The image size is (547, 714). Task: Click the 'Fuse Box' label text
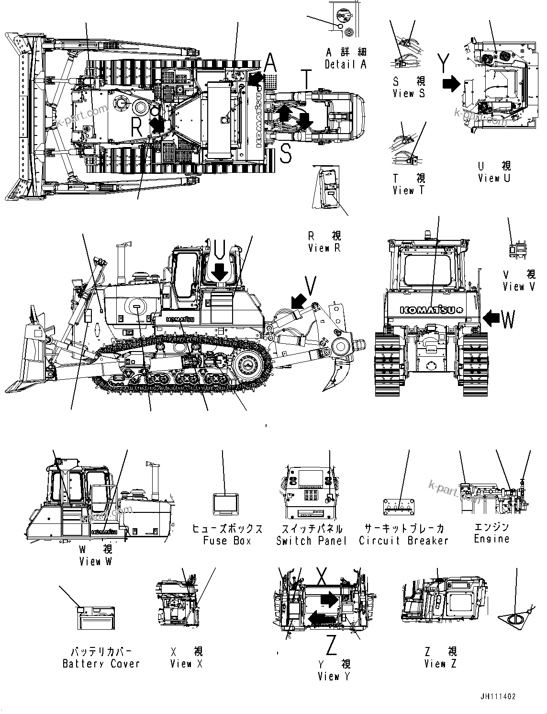point(227,541)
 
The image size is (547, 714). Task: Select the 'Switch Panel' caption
point(311,541)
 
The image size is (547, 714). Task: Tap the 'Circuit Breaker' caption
point(403,541)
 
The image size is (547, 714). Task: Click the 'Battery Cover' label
point(101,664)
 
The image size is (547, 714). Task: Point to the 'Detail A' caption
point(345,64)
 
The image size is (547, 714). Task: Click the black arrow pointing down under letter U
point(220,272)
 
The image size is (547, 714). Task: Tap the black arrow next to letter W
point(491,317)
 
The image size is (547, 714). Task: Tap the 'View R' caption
point(325,248)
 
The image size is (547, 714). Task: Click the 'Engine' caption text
point(491,539)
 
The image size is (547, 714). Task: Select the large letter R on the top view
point(137,127)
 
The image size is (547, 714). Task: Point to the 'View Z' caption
point(440,664)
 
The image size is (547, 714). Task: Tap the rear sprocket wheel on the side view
point(249,366)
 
